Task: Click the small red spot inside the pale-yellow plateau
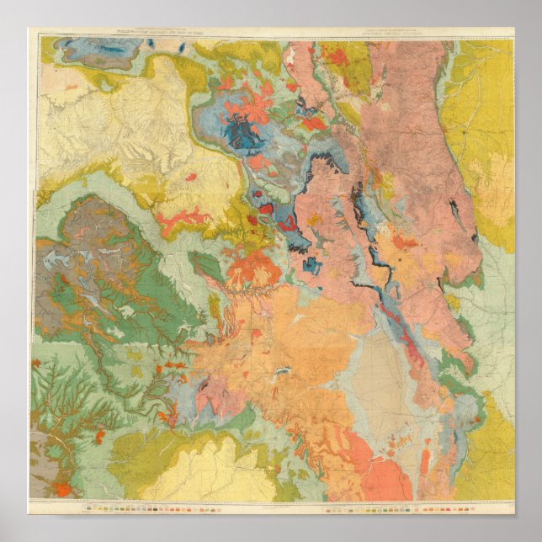[191, 178]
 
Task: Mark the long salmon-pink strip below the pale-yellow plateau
[181, 221]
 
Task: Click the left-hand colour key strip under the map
[151, 508]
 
